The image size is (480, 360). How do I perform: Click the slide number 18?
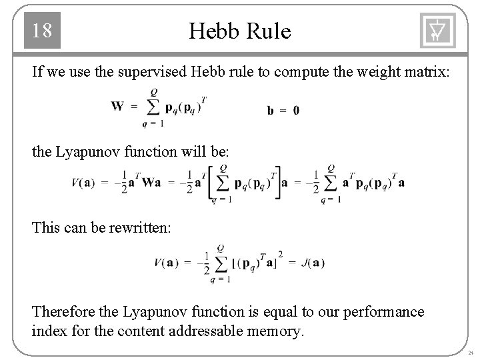42,31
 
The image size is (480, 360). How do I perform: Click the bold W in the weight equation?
117,106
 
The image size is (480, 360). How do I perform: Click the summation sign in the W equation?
153,107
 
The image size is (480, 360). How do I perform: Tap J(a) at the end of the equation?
311,262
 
